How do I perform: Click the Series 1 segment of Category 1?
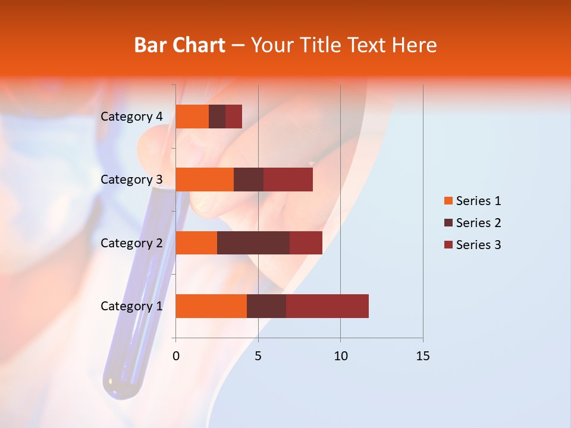211,306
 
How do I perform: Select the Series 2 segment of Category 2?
253,243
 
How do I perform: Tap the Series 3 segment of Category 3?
288,180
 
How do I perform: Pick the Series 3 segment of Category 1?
327,306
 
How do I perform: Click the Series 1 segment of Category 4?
192,117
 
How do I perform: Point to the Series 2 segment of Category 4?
217,117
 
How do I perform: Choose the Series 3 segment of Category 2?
306,243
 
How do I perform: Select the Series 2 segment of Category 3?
249,180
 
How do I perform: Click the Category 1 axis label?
131,306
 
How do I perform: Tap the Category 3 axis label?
131,180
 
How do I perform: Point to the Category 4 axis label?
131,117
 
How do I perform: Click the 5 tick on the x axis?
258,356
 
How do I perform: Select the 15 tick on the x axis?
422,356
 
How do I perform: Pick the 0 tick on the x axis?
176,356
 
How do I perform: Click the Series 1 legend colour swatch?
448,201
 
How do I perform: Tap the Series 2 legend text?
478,223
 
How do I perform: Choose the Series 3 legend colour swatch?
448,245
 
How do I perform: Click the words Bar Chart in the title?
180,45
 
